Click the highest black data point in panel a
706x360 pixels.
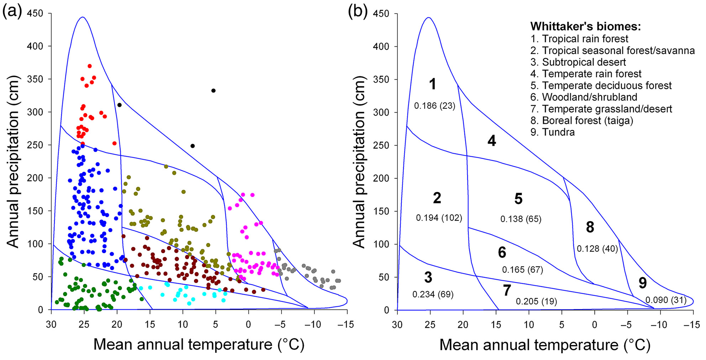tap(214, 90)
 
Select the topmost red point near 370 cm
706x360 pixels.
tap(90, 66)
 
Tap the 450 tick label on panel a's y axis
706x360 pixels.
tap(35, 14)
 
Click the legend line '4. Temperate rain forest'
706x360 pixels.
tap(586, 74)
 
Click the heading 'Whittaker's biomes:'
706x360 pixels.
tap(585, 26)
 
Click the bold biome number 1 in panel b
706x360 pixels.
tap(432, 84)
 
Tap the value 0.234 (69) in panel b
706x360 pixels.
tap(433, 294)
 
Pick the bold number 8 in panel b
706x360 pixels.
tap(590, 227)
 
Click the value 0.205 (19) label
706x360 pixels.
tap(536, 302)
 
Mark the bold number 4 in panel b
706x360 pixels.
tap(491, 141)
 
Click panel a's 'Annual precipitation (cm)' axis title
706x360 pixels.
tap(13, 162)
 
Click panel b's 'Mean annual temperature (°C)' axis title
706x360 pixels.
tap(545, 345)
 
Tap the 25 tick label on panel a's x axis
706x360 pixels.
tap(84, 324)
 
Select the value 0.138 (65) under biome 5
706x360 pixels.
tap(521, 219)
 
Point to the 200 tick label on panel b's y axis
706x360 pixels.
tap(381, 178)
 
